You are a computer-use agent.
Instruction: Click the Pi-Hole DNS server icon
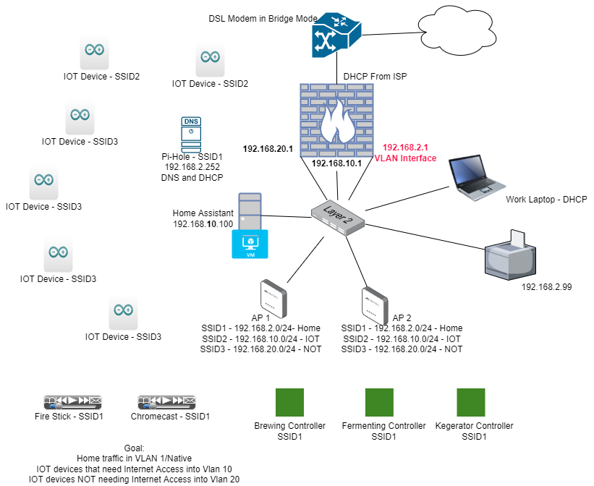pyautogui.click(x=190, y=134)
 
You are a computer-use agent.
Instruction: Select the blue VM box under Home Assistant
pyautogui.click(x=250, y=244)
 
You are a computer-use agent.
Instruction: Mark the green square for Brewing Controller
pyautogui.click(x=290, y=402)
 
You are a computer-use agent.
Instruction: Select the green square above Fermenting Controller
pyautogui.click(x=379, y=402)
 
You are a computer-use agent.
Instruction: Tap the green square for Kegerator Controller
pyautogui.click(x=471, y=402)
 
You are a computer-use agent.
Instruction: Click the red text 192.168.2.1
pyautogui.click(x=405, y=147)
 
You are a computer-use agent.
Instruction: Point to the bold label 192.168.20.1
pyautogui.click(x=267, y=149)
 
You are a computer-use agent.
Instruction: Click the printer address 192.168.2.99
pyautogui.click(x=546, y=287)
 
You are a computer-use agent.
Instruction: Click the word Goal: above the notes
pyautogui.click(x=135, y=448)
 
